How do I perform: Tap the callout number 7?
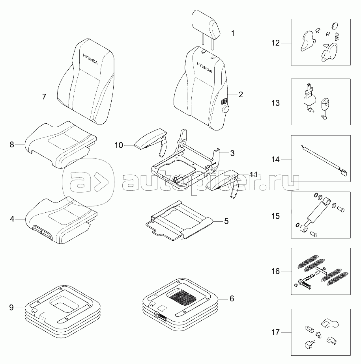click(44, 96)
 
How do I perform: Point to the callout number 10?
click(119, 146)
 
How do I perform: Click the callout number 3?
click(233, 152)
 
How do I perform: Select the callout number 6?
click(232, 299)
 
